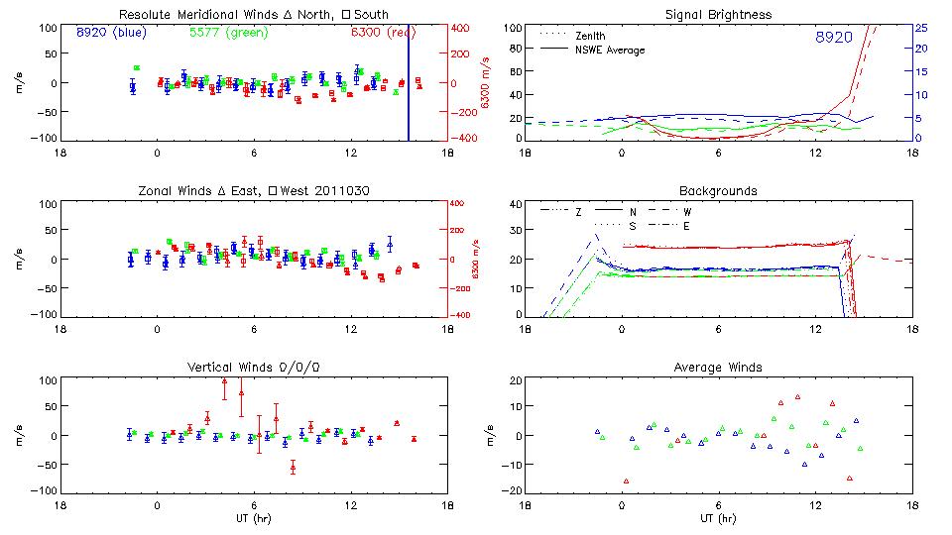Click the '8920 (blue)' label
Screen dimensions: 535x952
[110, 33]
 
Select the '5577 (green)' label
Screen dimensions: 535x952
[224, 33]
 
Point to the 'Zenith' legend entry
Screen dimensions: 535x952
[589, 36]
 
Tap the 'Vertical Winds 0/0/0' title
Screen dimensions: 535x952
[253, 368]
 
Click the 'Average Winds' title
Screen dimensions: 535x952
[717, 368]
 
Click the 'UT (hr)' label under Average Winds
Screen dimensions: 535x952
[717, 517]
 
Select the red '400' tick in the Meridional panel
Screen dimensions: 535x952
[463, 28]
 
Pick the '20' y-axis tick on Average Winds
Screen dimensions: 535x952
[515, 381]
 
